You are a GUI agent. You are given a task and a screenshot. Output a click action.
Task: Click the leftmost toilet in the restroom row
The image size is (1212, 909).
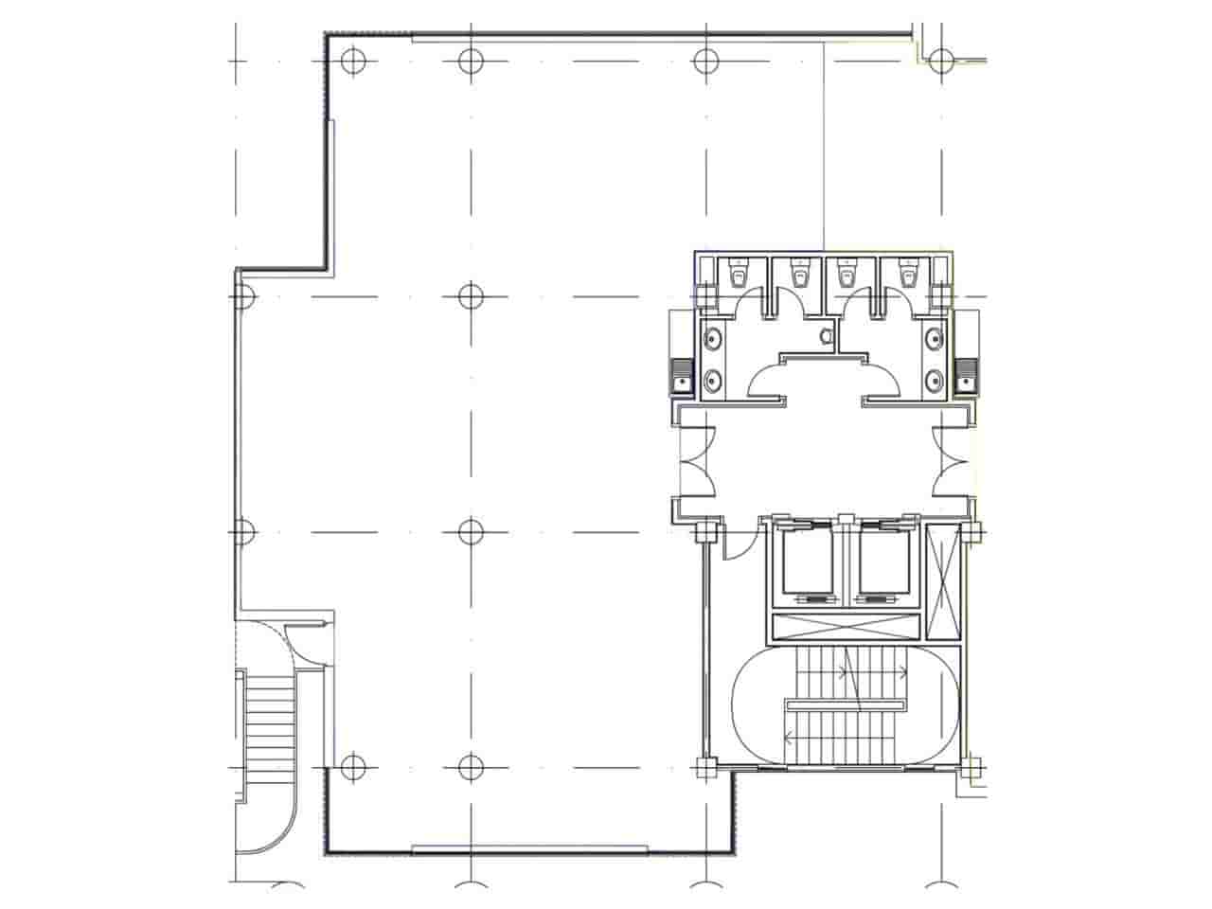(x=739, y=276)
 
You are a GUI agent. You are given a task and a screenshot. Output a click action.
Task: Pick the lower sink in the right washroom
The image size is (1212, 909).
(x=936, y=381)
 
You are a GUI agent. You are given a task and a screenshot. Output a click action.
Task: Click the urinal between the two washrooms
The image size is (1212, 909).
(x=826, y=334)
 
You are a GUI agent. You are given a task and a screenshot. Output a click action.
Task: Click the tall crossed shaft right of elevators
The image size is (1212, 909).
(x=943, y=579)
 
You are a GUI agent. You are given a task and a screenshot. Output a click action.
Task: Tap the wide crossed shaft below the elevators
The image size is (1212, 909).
(x=845, y=626)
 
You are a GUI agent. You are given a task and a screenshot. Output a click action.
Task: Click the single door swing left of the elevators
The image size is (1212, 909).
(x=739, y=544)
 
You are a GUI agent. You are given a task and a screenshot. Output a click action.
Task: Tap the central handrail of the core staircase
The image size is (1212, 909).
(x=845, y=704)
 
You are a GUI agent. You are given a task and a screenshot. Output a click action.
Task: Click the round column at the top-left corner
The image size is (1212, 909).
(x=352, y=62)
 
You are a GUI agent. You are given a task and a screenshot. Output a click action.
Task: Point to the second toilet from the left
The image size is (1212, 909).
(x=802, y=276)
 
